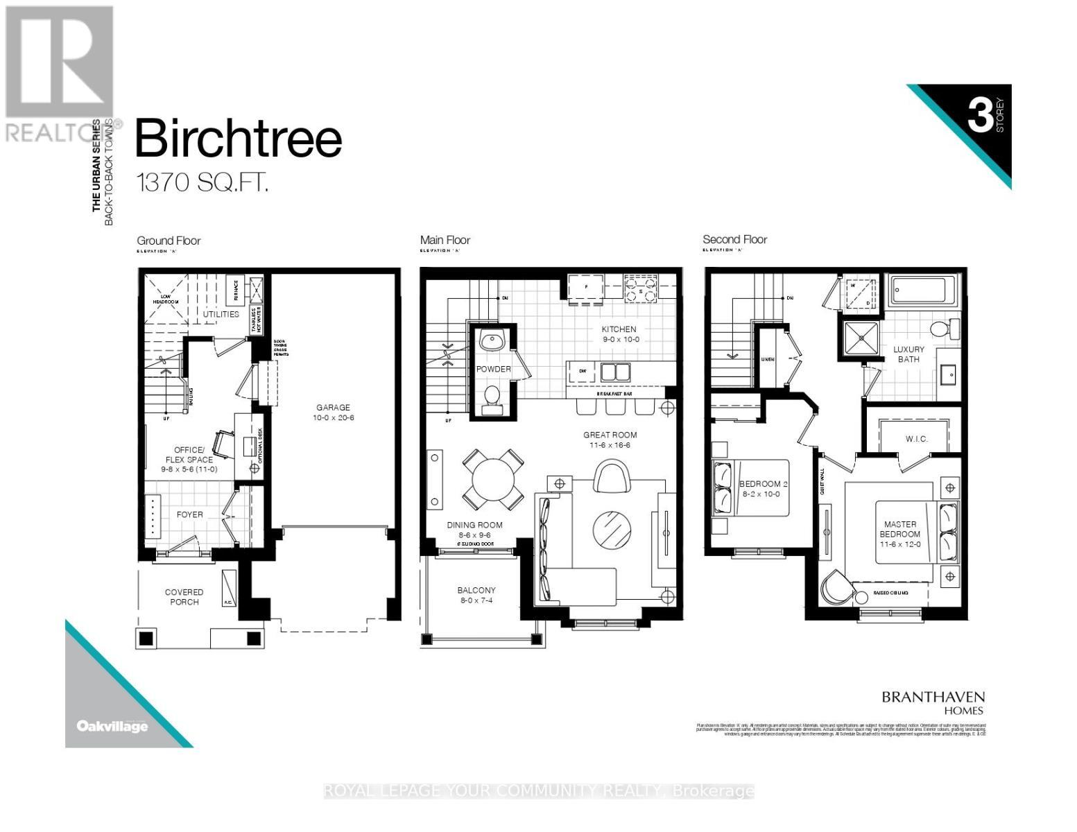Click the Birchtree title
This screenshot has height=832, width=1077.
pos(238,139)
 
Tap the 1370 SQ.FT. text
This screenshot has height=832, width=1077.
pos(202,183)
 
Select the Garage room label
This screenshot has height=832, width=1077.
pos(333,413)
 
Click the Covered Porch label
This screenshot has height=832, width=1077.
pos(184,597)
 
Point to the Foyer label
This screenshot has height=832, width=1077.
pos(189,514)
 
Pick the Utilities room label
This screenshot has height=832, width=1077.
pos(221,314)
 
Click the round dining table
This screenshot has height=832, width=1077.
pos(493,479)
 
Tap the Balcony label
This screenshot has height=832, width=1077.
pos(476,595)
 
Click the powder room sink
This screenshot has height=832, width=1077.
pos(493,340)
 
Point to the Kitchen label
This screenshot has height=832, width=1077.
pos(619,334)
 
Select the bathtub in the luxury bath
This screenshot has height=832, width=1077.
pos(923,287)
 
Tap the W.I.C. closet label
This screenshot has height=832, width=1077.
pos(916,439)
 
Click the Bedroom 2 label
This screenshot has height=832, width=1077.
pos(759,488)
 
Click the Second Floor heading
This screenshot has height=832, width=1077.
pos(734,240)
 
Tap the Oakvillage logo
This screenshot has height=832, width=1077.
pos(112,727)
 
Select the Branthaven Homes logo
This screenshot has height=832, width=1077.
pos(933,702)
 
